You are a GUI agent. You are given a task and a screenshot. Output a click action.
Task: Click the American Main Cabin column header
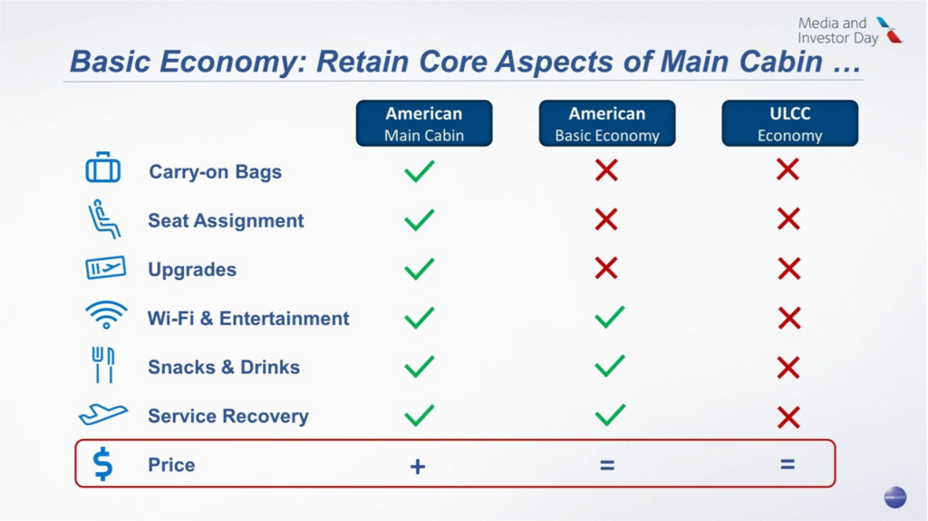coord(423,124)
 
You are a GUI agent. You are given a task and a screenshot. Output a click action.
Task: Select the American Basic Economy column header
coord(607,124)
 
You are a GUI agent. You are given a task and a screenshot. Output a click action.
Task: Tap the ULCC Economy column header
coord(789,124)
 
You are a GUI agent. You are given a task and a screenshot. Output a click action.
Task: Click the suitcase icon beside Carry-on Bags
coord(102,169)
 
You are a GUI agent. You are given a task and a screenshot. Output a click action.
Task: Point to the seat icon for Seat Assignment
coord(103,219)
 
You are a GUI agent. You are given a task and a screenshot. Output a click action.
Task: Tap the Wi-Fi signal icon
coord(106,316)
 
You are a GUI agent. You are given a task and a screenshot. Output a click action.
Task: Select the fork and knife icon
coord(103,365)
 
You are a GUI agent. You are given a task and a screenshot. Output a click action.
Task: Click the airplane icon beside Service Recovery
coord(102,415)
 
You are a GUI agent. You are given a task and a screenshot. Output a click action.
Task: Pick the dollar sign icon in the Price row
coord(103,464)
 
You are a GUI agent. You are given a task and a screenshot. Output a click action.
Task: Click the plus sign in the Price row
coord(417,466)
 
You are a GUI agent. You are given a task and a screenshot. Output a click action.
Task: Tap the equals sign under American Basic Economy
coord(607,466)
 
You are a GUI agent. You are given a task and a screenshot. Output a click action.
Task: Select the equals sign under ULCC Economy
coord(788,465)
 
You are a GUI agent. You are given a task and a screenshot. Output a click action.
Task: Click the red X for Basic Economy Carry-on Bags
coord(606,169)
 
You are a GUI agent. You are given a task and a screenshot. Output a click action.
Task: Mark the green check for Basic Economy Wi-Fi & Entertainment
coord(609,316)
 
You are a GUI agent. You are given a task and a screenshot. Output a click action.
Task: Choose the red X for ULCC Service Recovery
coord(788,417)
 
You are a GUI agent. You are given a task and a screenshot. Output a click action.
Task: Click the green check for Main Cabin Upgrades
coord(419,268)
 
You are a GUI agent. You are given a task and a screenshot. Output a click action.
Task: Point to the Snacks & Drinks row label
coord(224,367)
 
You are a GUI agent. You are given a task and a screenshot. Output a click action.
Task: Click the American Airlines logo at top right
coord(890,30)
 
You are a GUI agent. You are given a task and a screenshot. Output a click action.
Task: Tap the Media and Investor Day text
coord(836,31)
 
